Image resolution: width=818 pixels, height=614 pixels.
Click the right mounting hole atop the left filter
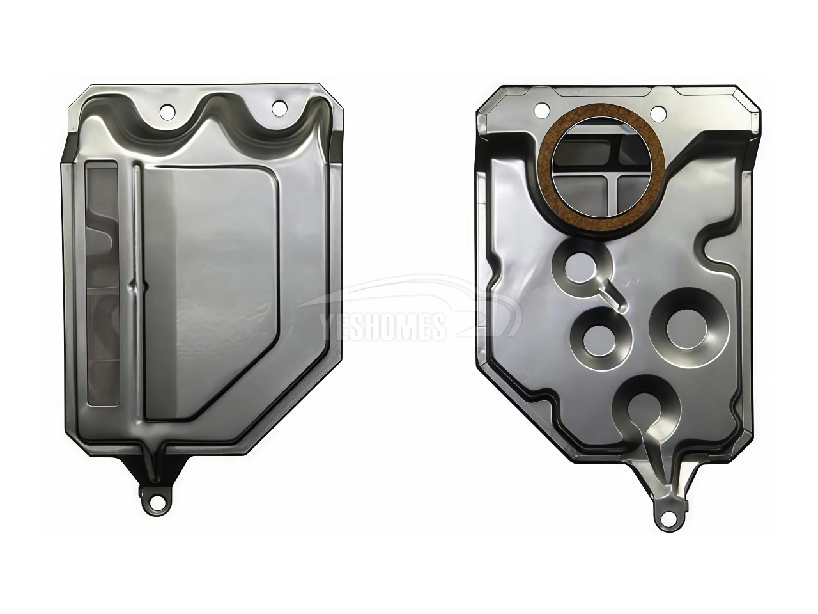[x=279, y=108]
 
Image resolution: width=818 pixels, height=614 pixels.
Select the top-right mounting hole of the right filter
[x=658, y=111]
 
